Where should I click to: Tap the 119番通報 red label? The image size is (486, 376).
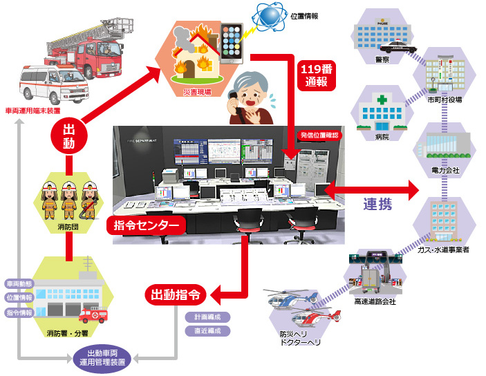point(317,75)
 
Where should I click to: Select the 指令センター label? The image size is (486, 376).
point(146,225)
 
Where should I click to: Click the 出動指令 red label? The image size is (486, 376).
point(175,294)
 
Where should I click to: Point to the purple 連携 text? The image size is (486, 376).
point(377,204)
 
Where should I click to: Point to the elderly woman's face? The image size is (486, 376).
point(251,84)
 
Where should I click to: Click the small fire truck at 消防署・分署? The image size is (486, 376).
point(93,315)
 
